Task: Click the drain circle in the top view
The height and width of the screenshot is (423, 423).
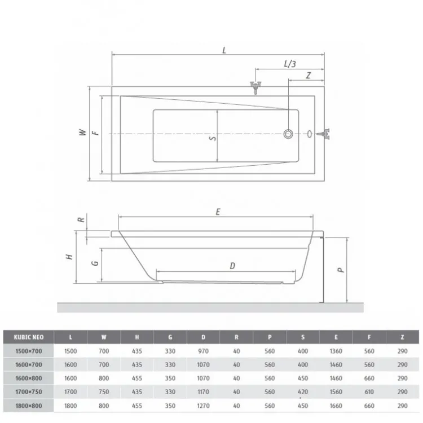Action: coord(288,134)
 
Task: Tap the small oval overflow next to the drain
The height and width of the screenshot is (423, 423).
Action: coord(310,134)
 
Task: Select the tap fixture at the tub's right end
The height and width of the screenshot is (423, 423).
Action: coord(324,134)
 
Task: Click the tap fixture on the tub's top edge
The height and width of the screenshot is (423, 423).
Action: coord(255,87)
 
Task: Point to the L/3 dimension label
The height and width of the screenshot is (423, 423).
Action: coord(290,64)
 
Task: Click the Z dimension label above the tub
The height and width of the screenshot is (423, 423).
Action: coord(309,75)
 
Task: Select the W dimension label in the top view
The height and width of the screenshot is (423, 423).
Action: coord(83,132)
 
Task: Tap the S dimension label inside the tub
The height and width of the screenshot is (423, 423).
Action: coord(213,138)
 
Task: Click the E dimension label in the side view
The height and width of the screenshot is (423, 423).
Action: coord(218,211)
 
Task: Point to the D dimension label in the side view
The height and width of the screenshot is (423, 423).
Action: coord(232,266)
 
